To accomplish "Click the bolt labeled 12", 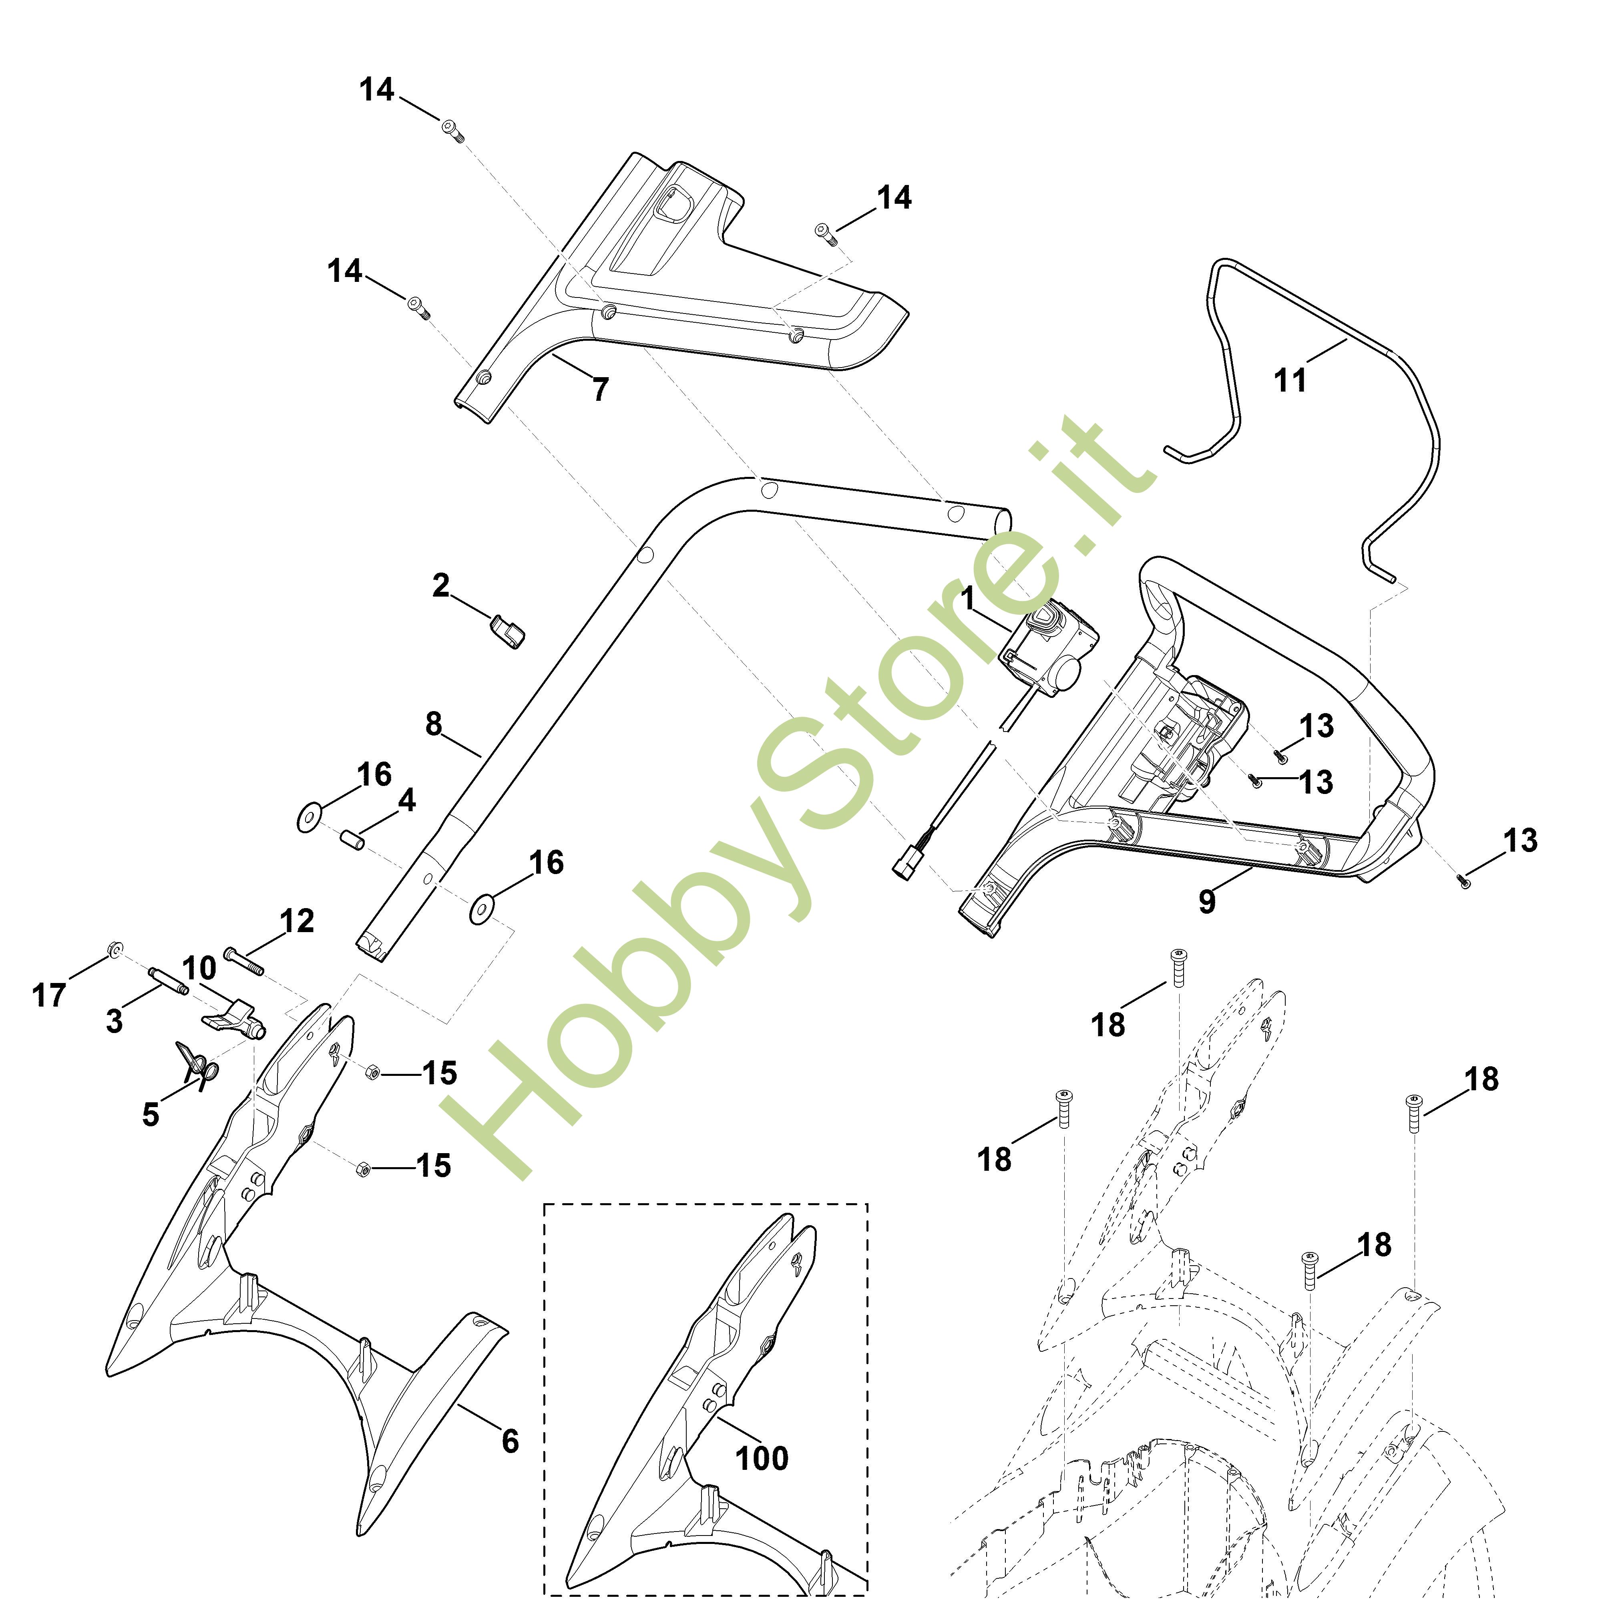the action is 243,961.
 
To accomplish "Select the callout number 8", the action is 434,724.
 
